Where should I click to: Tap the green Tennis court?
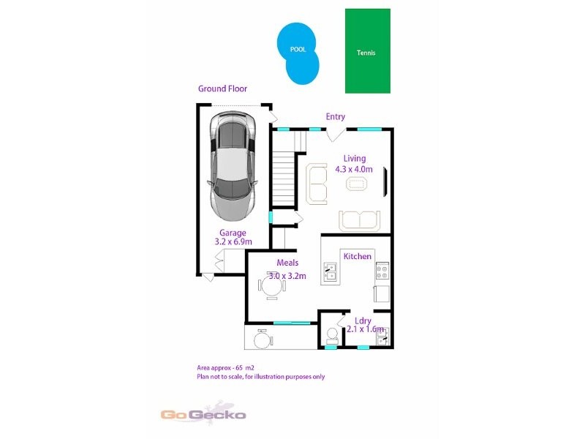[367, 51]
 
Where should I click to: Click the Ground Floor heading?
[222, 89]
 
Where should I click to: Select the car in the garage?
[233, 166]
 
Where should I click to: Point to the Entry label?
[336, 116]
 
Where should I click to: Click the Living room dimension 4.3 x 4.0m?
[355, 169]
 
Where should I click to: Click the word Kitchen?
[358, 256]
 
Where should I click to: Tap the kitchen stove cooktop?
[382, 272]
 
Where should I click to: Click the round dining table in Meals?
[271, 288]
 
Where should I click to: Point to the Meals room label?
[287, 263]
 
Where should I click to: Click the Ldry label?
[363, 320]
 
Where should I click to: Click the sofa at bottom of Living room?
[359, 219]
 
